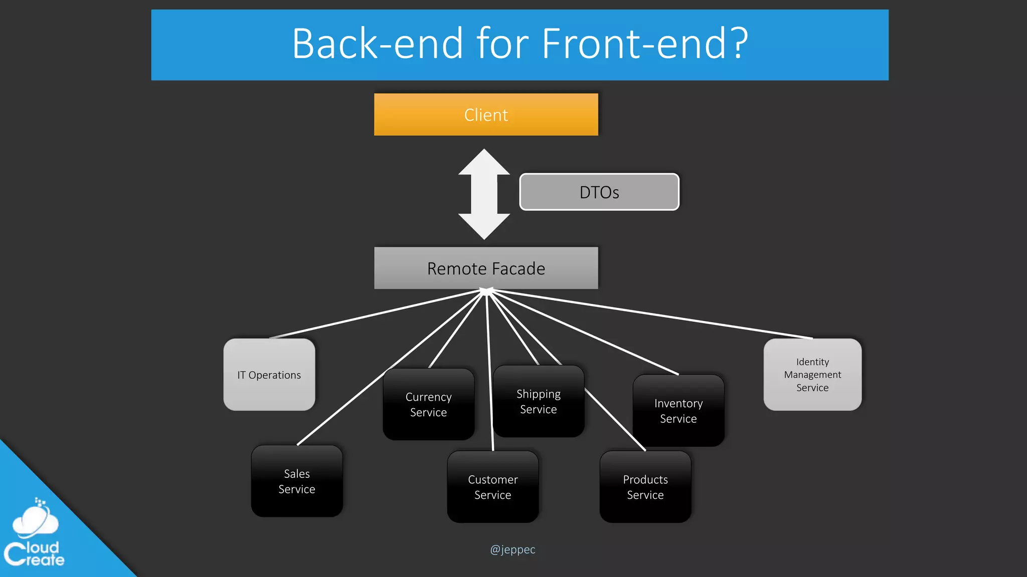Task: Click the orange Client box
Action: [486, 115]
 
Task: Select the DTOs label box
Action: [599, 192]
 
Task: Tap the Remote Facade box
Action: [486, 268]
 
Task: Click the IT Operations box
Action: [269, 375]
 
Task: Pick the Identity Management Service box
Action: [812, 375]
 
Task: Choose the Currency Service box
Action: [428, 404]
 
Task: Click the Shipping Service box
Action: [539, 401]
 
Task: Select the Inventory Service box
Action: [678, 411]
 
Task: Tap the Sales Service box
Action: [297, 481]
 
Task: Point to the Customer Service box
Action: [492, 487]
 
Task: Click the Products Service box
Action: [645, 487]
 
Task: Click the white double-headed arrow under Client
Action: [484, 194]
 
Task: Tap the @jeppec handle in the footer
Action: [512, 549]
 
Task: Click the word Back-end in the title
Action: [377, 44]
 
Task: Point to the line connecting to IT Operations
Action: [376, 314]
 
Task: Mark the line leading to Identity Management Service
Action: [652, 314]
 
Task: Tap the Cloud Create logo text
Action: [35, 554]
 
